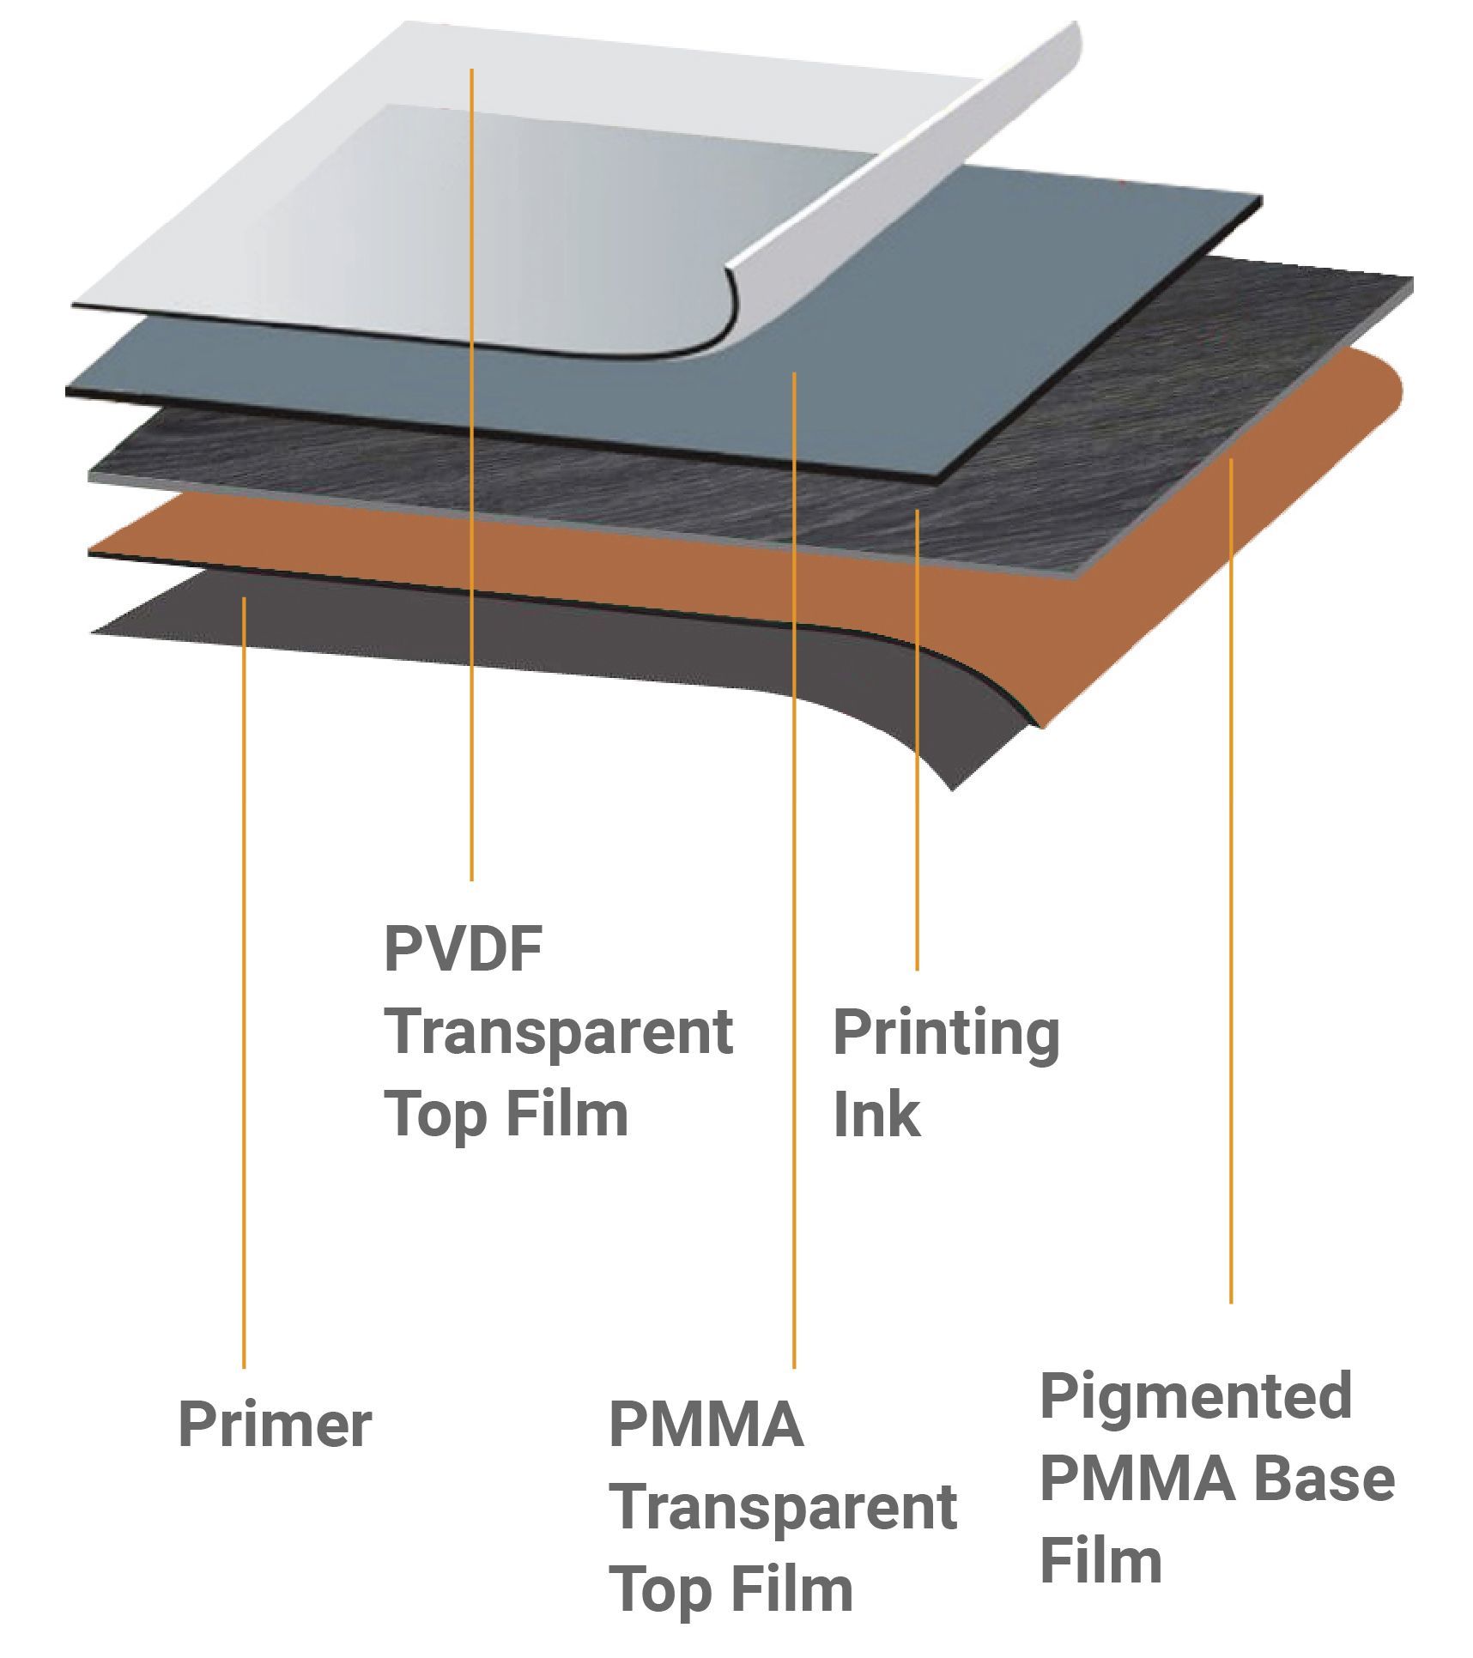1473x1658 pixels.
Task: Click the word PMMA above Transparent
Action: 706,1425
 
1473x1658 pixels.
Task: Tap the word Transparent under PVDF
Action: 558,1032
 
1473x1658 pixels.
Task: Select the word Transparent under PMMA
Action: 782,1509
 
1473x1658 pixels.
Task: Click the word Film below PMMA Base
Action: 1101,1561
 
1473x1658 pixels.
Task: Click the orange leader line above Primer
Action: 244,982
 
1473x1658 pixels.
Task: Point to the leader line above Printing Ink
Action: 917,740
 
